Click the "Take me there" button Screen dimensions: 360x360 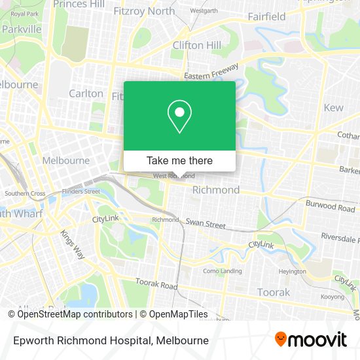[x=179, y=160]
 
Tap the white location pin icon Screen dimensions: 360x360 [x=179, y=117]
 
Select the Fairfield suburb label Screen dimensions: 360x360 [x=267, y=16]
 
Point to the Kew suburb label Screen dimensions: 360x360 [x=333, y=107]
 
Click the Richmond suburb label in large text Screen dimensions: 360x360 [x=215, y=190]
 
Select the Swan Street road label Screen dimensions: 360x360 [x=206, y=223]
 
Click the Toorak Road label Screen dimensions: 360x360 [x=156, y=285]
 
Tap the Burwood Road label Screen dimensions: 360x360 [x=330, y=207]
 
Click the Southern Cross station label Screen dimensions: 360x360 [x=25, y=194]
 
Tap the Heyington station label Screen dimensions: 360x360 [x=291, y=271]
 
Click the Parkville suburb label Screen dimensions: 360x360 [x=22, y=29]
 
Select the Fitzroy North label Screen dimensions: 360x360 [x=144, y=11]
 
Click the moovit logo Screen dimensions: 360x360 [x=310, y=340]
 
